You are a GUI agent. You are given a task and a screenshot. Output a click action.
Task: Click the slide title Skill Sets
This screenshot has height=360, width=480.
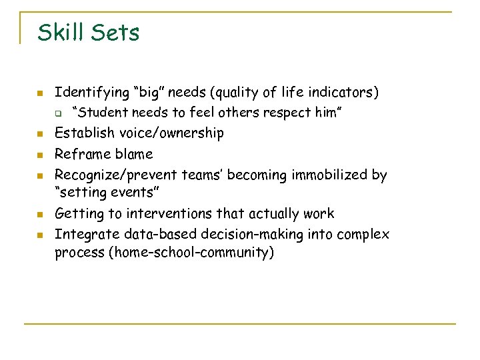click(x=89, y=32)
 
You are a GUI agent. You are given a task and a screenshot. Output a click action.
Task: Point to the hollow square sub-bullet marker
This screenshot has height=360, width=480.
click(x=58, y=113)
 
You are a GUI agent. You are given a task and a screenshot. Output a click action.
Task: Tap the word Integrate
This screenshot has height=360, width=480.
click(x=81, y=235)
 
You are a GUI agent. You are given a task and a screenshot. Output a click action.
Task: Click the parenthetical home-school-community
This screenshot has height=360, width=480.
click(x=187, y=254)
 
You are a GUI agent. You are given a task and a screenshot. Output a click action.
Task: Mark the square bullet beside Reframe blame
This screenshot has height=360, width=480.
click(x=40, y=155)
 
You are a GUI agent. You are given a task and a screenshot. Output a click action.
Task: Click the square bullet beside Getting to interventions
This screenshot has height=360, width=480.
click(x=40, y=215)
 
